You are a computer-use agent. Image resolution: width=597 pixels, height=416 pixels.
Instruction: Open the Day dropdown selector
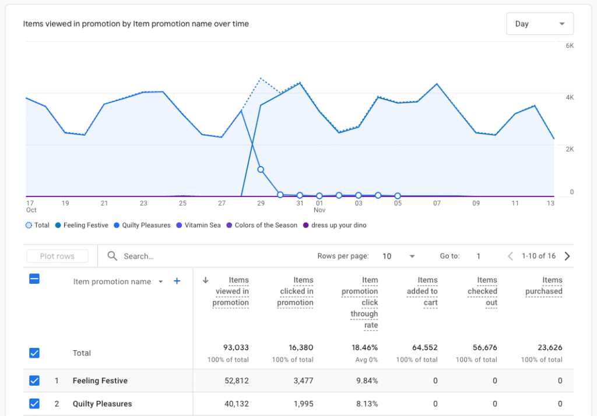[x=540, y=24]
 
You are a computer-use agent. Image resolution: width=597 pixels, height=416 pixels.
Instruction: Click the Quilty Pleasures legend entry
[x=146, y=225]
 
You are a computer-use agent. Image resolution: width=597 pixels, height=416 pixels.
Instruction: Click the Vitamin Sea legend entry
[x=202, y=225]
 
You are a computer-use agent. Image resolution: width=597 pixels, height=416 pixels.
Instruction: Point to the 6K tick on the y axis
[x=570, y=45]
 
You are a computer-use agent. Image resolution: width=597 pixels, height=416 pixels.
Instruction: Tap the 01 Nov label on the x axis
[x=319, y=206]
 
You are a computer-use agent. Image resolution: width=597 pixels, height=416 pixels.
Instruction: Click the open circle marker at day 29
[x=261, y=170]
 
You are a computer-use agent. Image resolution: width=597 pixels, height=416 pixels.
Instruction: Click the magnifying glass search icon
[x=113, y=256]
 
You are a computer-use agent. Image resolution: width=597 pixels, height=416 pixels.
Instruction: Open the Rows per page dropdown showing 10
[x=399, y=256]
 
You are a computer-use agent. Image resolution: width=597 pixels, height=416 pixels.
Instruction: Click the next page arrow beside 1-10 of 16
[x=567, y=256]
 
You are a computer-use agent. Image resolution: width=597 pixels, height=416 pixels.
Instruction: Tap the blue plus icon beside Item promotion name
[x=177, y=281]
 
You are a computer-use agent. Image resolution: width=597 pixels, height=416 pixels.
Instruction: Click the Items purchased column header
[x=543, y=285]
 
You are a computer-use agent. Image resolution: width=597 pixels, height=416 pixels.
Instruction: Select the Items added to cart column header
[x=422, y=291]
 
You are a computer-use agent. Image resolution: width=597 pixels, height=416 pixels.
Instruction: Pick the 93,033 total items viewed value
[x=236, y=347]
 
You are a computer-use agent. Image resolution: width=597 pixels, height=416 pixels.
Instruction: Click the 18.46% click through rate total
[x=364, y=347]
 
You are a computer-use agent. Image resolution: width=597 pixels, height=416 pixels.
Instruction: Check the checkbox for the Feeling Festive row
[x=34, y=380]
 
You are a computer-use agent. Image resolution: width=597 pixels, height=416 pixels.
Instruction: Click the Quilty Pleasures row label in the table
[x=102, y=403]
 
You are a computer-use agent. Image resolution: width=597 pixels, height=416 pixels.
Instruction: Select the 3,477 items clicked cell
[x=301, y=380]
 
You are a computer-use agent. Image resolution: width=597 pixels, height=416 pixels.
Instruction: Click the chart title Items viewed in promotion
[x=136, y=24]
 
